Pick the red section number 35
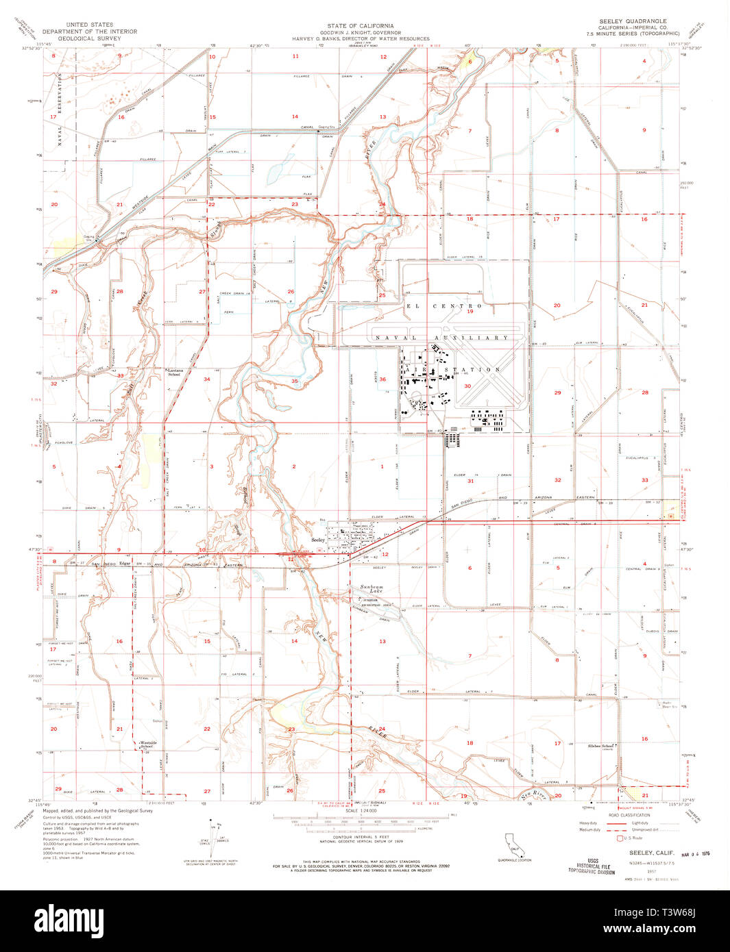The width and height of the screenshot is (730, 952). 294,381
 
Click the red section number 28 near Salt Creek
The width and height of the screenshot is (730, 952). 119,292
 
